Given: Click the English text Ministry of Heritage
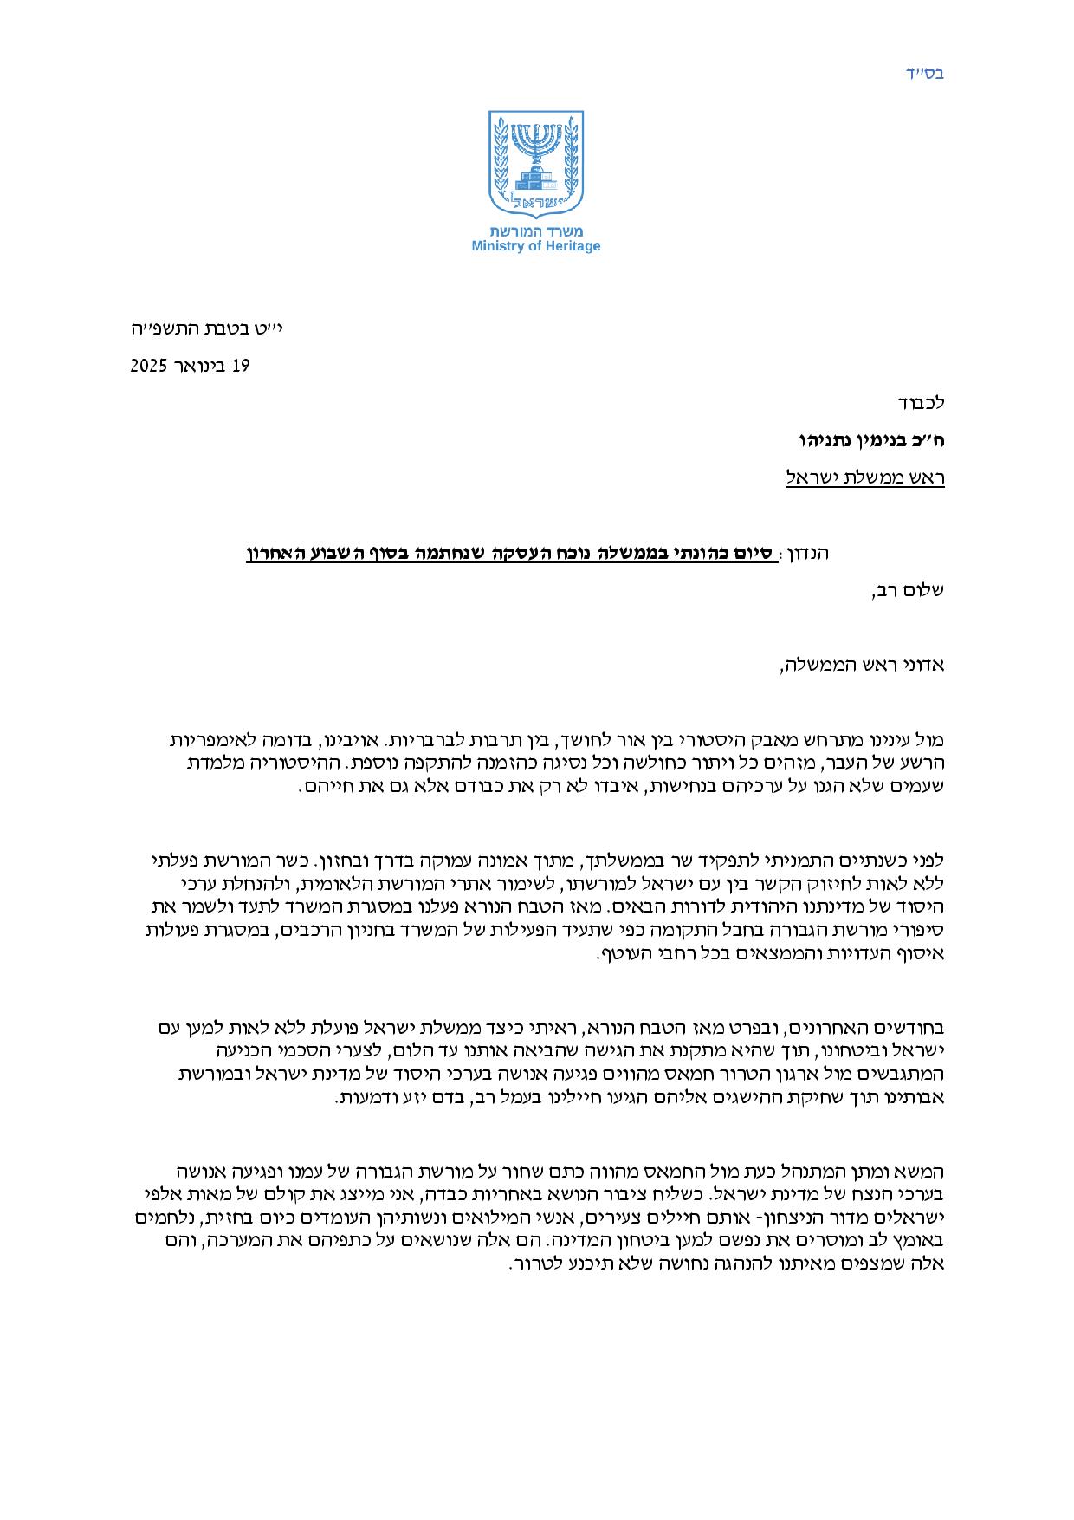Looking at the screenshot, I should point(535,247).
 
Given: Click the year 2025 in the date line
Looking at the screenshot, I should point(149,366).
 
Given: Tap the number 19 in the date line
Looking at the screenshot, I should point(240,366).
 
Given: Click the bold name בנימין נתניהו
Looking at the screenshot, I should point(853,440).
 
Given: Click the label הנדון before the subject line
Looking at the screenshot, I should point(805,552).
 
